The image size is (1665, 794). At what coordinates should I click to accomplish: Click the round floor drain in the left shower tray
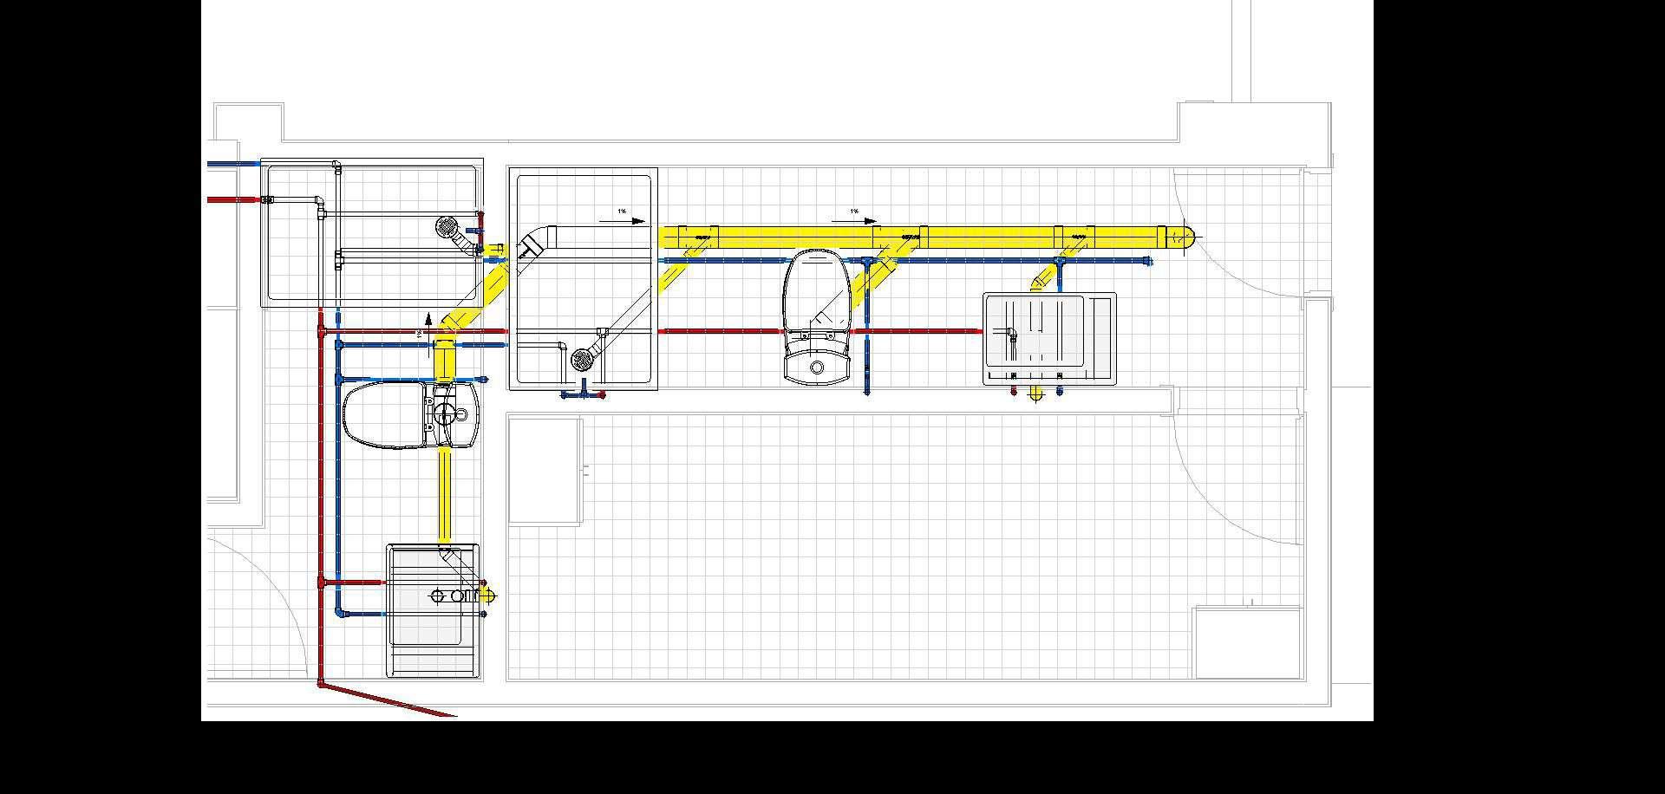coord(447,227)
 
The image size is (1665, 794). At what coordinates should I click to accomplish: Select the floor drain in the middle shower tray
coord(582,358)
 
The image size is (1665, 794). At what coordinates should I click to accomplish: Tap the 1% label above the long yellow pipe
coord(854,212)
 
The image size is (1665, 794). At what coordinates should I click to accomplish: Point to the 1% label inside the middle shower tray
coord(622,212)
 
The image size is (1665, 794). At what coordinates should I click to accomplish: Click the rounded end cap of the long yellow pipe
coord(1187,236)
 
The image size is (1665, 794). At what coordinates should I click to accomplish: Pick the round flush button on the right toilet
coord(817,368)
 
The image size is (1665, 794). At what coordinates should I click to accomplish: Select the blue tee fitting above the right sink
coord(1058,261)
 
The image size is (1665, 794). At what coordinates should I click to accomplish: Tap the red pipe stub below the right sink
coord(1015,392)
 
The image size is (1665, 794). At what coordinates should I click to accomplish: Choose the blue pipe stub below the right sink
coord(1060,392)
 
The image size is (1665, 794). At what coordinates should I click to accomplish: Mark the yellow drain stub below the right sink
coord(1036,394)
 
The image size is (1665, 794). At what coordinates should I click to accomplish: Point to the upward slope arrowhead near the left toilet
coord(428,318)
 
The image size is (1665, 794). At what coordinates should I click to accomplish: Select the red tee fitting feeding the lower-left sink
coord(322,582)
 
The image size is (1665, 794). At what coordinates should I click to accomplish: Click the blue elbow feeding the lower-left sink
coord(339,613)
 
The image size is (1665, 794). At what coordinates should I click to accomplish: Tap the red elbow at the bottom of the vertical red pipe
coord(322,684)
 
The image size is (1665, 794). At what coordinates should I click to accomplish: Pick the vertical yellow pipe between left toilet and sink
coord(445,494)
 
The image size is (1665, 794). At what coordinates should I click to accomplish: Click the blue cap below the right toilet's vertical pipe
coord(867,392)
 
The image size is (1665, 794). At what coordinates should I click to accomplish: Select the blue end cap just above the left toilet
coord(484,380)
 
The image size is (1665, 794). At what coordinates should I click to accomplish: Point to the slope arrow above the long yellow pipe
coord(855,222)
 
